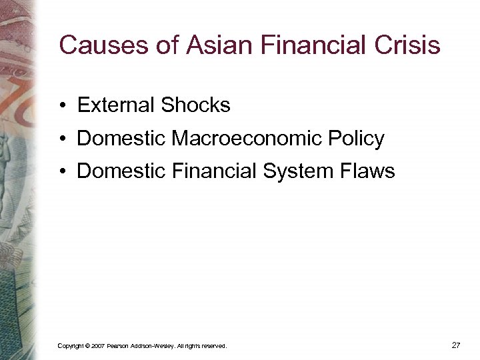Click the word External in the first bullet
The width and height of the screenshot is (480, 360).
[115, 105]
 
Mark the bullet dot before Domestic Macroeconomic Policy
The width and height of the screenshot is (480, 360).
[61, 139]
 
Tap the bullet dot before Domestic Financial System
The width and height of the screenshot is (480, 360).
[61, 172]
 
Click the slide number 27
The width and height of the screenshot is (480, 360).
[456, 345]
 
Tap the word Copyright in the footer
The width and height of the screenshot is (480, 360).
[71, 346]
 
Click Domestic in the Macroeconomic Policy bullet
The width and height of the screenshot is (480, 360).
[122, 139]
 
